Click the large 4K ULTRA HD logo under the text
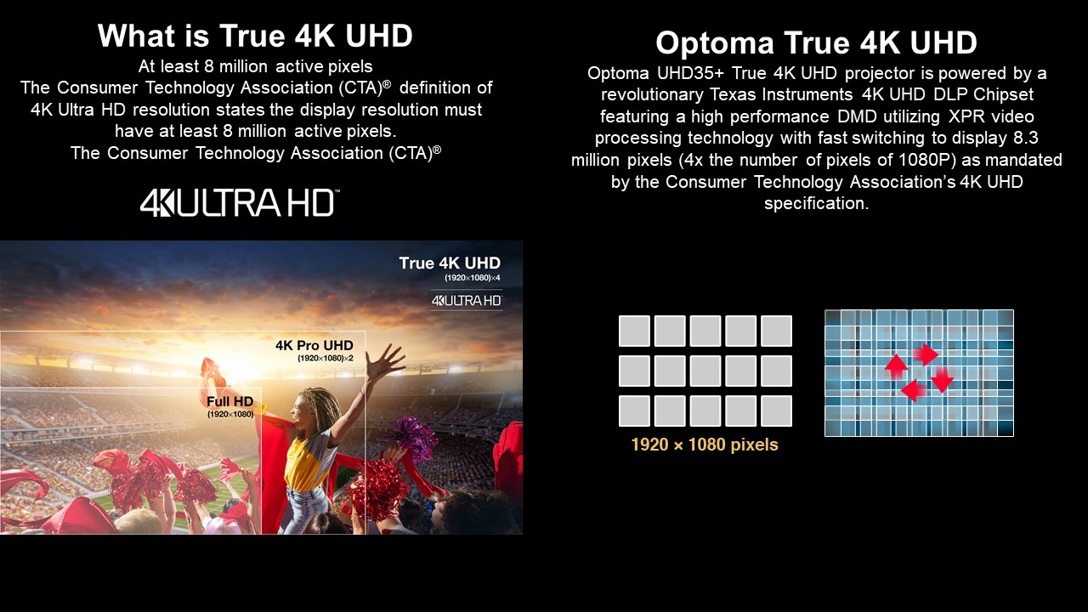[240, 202]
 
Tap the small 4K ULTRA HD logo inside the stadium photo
[467, 301]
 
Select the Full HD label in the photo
[230, 402]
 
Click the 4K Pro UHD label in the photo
[314, 345]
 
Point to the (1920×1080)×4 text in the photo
[472, 278]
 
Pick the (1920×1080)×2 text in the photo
[326, 359]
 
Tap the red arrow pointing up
[896, 365]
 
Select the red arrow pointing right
[926, 354]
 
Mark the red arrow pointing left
[913, 390]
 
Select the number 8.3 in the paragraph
[1025, 138]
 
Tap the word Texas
[733, 94]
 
